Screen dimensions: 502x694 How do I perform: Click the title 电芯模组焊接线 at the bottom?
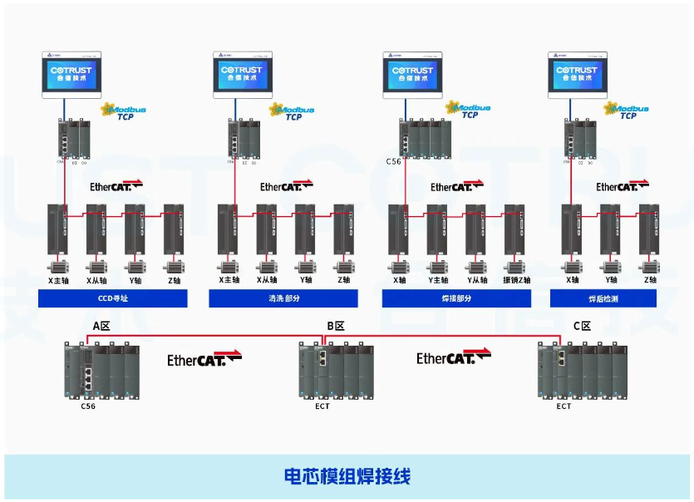347,476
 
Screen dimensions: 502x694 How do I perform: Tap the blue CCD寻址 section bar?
113,298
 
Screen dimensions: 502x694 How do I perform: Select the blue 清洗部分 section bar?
283,298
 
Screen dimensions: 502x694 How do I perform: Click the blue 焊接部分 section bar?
452,298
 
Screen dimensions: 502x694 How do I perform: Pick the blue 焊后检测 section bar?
603,298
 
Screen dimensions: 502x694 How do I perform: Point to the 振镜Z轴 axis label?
516,281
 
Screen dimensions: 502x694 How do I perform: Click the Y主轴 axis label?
438,281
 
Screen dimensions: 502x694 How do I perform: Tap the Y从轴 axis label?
476,281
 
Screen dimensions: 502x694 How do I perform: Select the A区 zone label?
101,326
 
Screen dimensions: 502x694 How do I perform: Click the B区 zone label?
336,326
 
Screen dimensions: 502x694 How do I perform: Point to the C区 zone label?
582,326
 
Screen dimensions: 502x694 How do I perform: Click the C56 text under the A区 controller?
88,406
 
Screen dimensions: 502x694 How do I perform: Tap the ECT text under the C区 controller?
564,406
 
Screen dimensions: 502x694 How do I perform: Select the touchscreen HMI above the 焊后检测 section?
577,73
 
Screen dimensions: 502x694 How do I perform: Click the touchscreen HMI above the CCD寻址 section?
71,73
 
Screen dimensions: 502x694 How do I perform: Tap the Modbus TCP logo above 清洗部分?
292,111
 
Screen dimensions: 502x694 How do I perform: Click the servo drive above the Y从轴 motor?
475,229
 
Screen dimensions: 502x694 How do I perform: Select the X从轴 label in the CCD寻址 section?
98,281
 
